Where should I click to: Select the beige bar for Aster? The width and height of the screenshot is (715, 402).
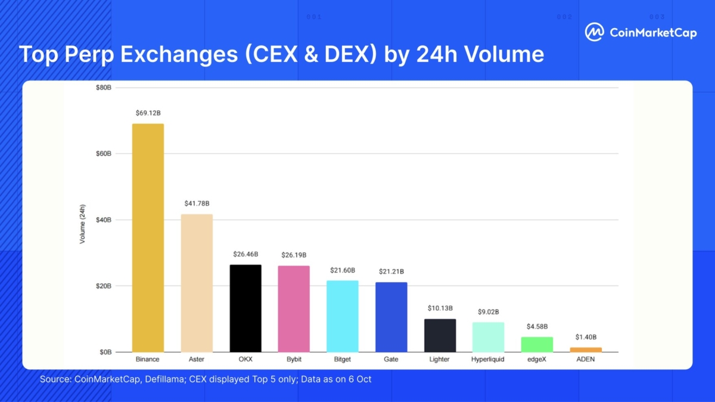(196, 283)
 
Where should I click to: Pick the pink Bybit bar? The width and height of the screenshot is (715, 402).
(294, 308)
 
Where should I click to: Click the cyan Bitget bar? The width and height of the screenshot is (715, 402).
(343, 316)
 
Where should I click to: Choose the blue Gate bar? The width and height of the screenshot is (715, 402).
(391, 317)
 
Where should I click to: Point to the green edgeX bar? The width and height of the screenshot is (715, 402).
(537, 344)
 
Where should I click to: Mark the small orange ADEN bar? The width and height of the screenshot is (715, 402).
(586, 350)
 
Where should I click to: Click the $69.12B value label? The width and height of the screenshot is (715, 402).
(148, 113)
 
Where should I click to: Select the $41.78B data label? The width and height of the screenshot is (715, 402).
(196, 203)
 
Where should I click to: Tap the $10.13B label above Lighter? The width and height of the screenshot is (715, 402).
(440, 308)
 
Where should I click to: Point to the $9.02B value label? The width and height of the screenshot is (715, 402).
(489, 312)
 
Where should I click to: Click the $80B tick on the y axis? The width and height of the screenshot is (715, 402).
(103, 88)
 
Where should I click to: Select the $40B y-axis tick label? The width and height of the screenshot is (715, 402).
(103, 220)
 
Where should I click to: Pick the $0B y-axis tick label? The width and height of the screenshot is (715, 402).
(105, 352)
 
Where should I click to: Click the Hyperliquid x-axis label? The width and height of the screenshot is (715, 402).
(489, 360)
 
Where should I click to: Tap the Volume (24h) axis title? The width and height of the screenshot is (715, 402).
(83, 224)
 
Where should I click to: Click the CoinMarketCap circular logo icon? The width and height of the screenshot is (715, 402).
(594, 32)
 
